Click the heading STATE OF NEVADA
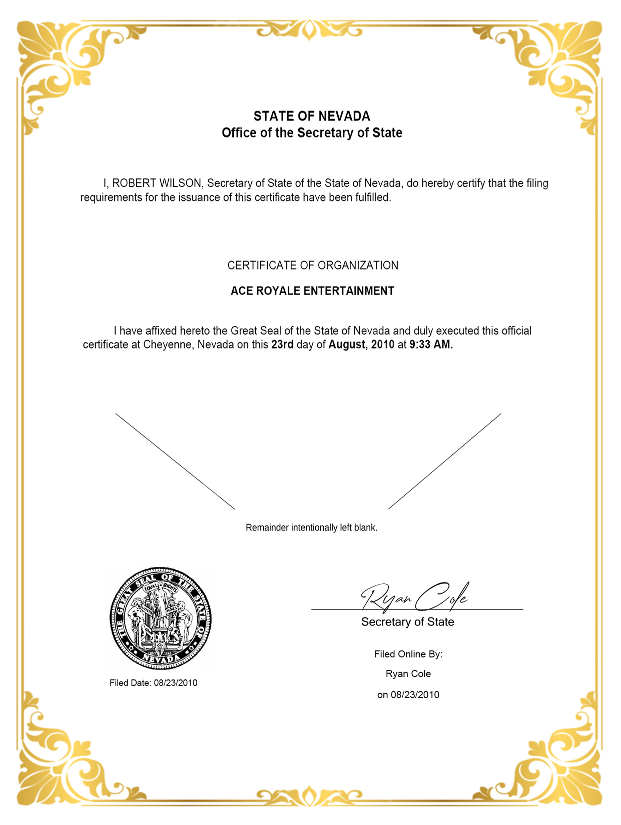click(x=312, y=116)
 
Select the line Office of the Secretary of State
click(x=312, y=133)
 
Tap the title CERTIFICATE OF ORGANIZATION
click(x=313, y=265)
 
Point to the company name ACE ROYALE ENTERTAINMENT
click(x=312, y=291)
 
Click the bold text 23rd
click(x=282, y=345)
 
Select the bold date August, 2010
click(x=361, y=345)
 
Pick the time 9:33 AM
click(x=431, y=345)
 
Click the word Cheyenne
click(x=168, y=345)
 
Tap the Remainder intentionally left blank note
click(x=311, y=528)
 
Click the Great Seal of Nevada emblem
click(x=161, y=618)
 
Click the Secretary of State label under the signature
click(x=408, y=622)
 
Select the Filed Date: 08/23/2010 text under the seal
click(x=154, y=683)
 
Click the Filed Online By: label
click(x=408, y=654)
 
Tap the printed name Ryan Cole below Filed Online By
click(x=408, y=674)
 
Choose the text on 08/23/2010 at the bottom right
click(x=408, y=695)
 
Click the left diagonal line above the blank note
click(x=175, y=461)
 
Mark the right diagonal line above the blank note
click(x=445, y=461)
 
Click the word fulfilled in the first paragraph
click(x=373, y=197)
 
